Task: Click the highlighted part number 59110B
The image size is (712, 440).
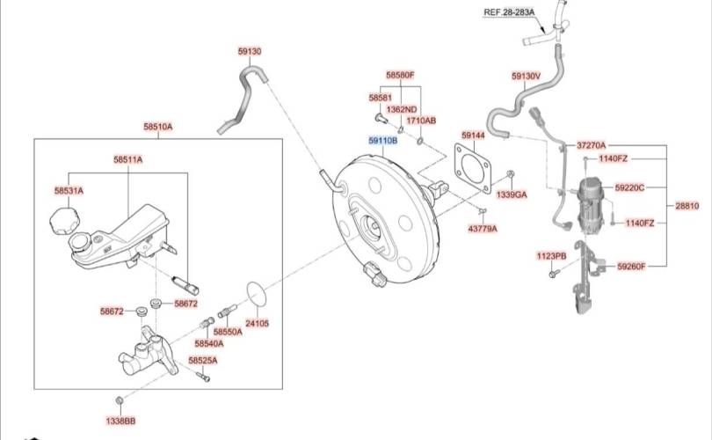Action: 382,140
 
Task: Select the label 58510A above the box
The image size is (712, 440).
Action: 158,127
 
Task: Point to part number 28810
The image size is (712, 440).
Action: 687,206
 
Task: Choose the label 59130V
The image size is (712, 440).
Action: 526,76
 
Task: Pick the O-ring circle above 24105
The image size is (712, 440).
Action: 256,295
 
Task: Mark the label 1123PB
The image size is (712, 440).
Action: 552,256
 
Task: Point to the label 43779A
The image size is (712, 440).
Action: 482,228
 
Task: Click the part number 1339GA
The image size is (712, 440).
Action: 512,194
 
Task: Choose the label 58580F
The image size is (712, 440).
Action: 400,75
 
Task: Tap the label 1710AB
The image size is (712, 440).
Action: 420,121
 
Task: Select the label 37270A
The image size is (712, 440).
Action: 592,144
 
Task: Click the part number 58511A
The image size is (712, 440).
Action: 127,159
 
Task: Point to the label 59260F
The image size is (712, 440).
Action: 630,266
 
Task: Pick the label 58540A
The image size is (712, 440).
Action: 209,343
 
